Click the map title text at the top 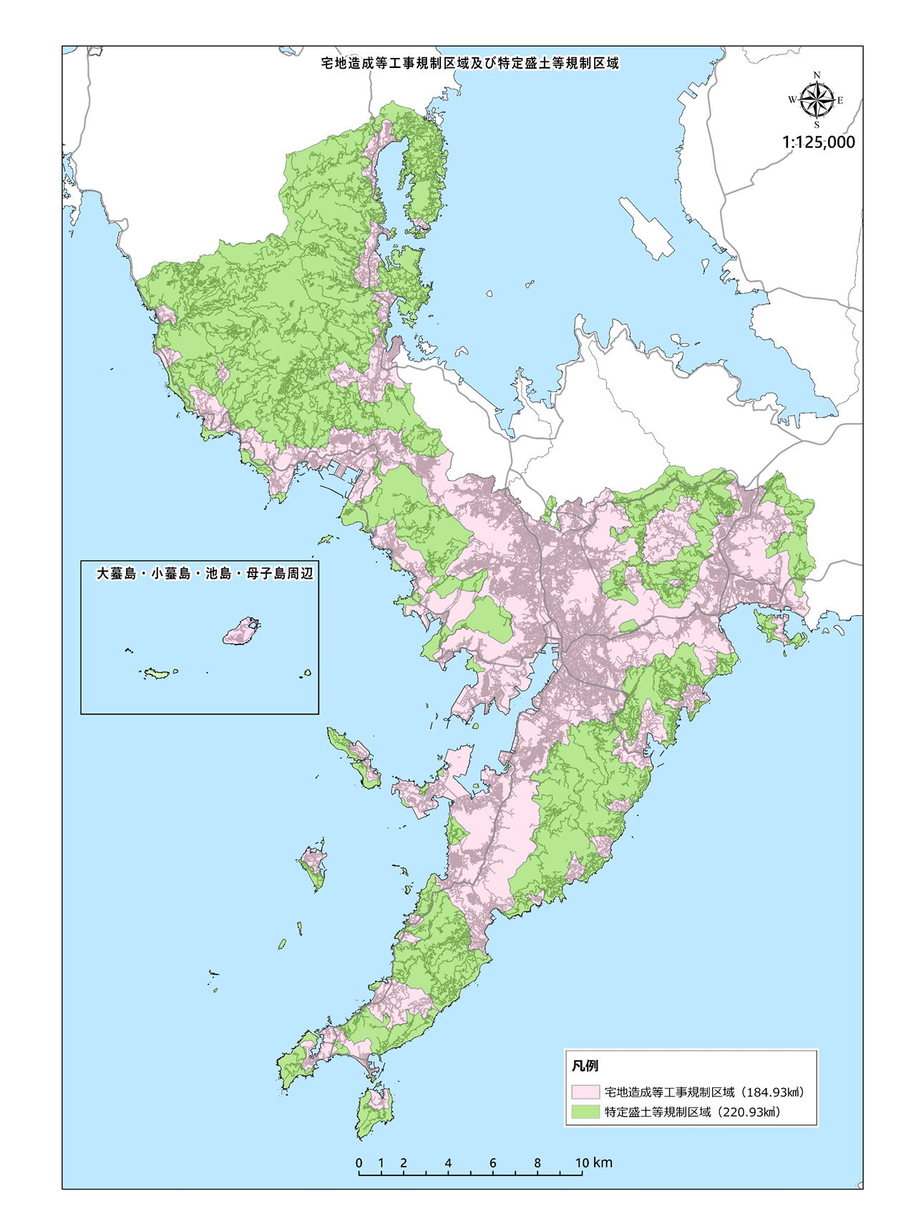click(470, 64)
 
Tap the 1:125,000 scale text click(818, 142)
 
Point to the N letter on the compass click(817, 75)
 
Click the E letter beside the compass click(840, 101)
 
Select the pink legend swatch click(585, 1092)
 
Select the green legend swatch click(585, 1112)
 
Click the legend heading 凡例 click(585, 1066)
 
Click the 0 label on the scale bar click(359, 1163)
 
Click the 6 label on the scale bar click(493, 1163)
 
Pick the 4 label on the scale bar click(448, 1163)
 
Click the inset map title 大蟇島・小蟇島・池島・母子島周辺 click(205, 574)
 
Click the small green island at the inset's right click(308, 672)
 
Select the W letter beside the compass click(792, 100)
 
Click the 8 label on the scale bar click(537, 1163)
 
